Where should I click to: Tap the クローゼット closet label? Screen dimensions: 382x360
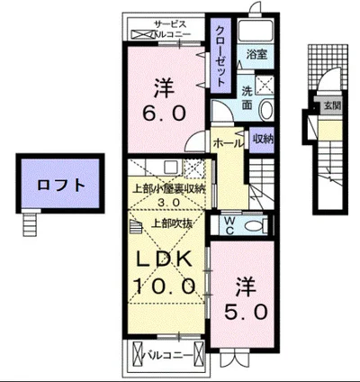220,52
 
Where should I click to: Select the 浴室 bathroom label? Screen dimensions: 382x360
256,54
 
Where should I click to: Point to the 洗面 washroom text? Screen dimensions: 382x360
247,96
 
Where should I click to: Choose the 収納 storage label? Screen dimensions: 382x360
262,139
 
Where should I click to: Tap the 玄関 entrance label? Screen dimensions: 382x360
332,105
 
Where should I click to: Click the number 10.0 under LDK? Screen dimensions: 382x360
166,286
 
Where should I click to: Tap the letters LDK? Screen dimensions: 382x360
166,259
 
